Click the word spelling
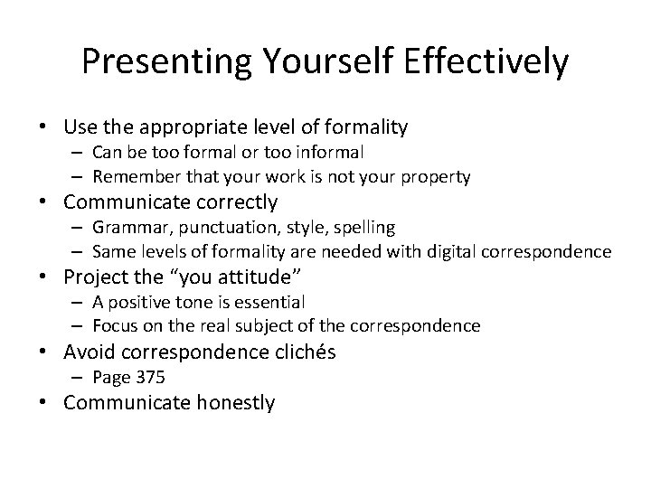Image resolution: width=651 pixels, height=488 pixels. pyautogui.click(x=364, y=227)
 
